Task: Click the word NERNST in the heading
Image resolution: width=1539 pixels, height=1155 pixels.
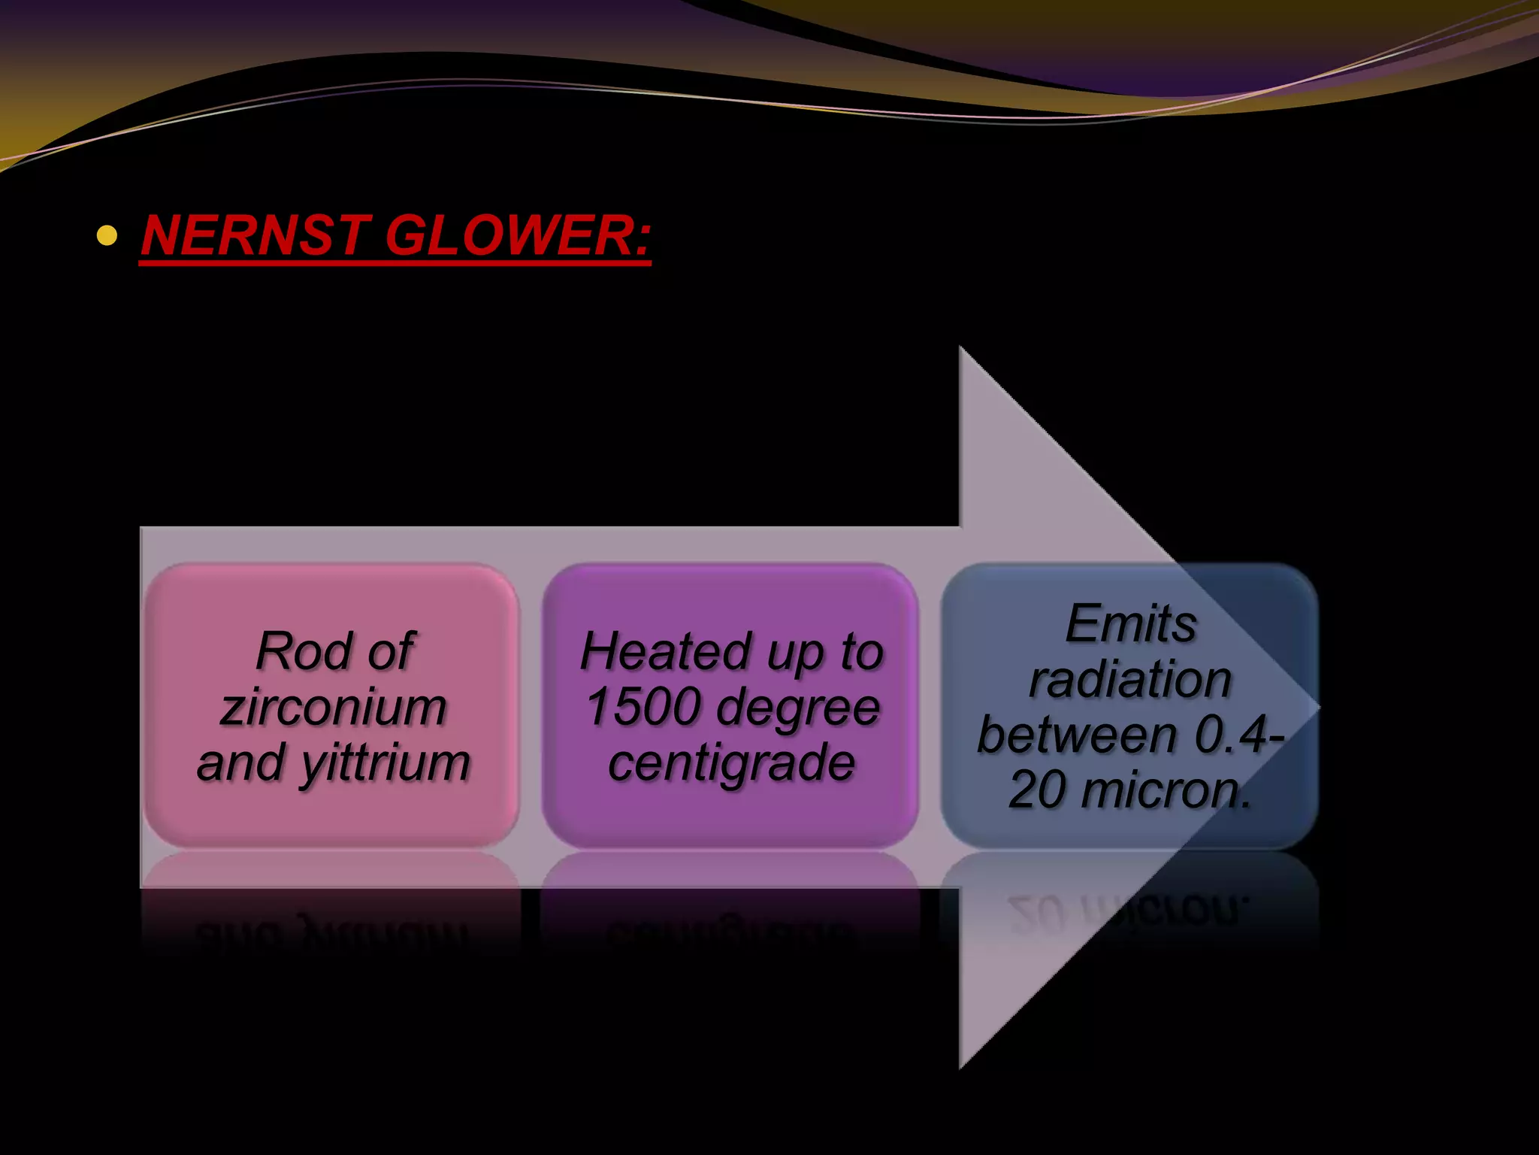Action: [x=254, y=235]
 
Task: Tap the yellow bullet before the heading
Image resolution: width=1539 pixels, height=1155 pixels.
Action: [x=107, y=236]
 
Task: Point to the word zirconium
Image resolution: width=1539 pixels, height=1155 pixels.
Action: [x=334, y=708]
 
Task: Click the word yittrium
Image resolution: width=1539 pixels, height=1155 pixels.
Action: [x=386, y=764]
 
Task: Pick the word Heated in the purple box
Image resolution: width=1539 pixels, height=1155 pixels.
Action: [x=667, y=651]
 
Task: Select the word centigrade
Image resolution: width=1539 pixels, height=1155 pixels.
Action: [x=731, y=762]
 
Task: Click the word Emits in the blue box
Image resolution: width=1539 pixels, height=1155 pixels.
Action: [x=1130, y=624]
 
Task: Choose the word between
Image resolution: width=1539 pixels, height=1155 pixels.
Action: [x=1077, y=735]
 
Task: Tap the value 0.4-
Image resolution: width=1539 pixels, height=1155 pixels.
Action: [x=1240, y=735]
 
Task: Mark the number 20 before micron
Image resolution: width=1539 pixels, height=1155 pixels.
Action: [x=1037, y=790]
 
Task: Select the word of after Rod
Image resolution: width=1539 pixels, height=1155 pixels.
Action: [x=389, y=651]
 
